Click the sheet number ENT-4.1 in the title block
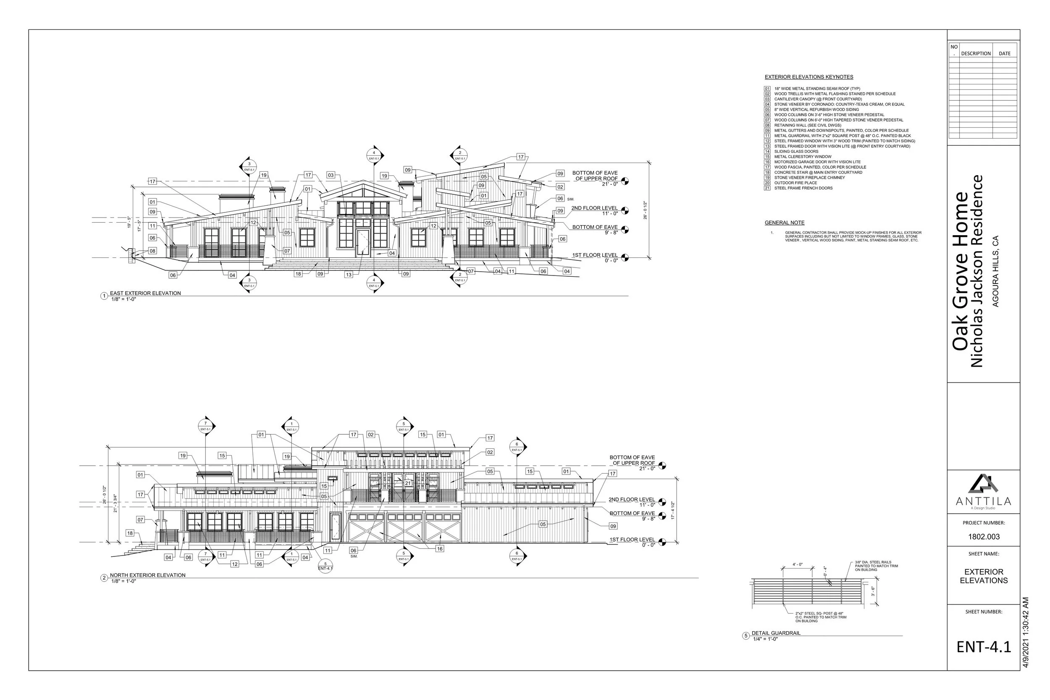tap(984, 647)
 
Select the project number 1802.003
tap(984, 537)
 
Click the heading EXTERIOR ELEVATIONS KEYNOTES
tap(808, 77)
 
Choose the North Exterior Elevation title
tap(147, 575)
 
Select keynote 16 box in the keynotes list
tap(767, 162)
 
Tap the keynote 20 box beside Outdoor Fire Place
tap(767, 183)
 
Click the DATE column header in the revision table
tap(1005, 54)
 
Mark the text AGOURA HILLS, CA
tap(995, 271)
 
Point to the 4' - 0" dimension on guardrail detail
tap(797, 565)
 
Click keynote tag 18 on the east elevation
tap(298, 274)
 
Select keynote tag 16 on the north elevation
tap(440, 549)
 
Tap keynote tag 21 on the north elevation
tap(407, 483)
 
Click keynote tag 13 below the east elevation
tap(349, 275)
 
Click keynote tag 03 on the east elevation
tap(331, 175)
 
